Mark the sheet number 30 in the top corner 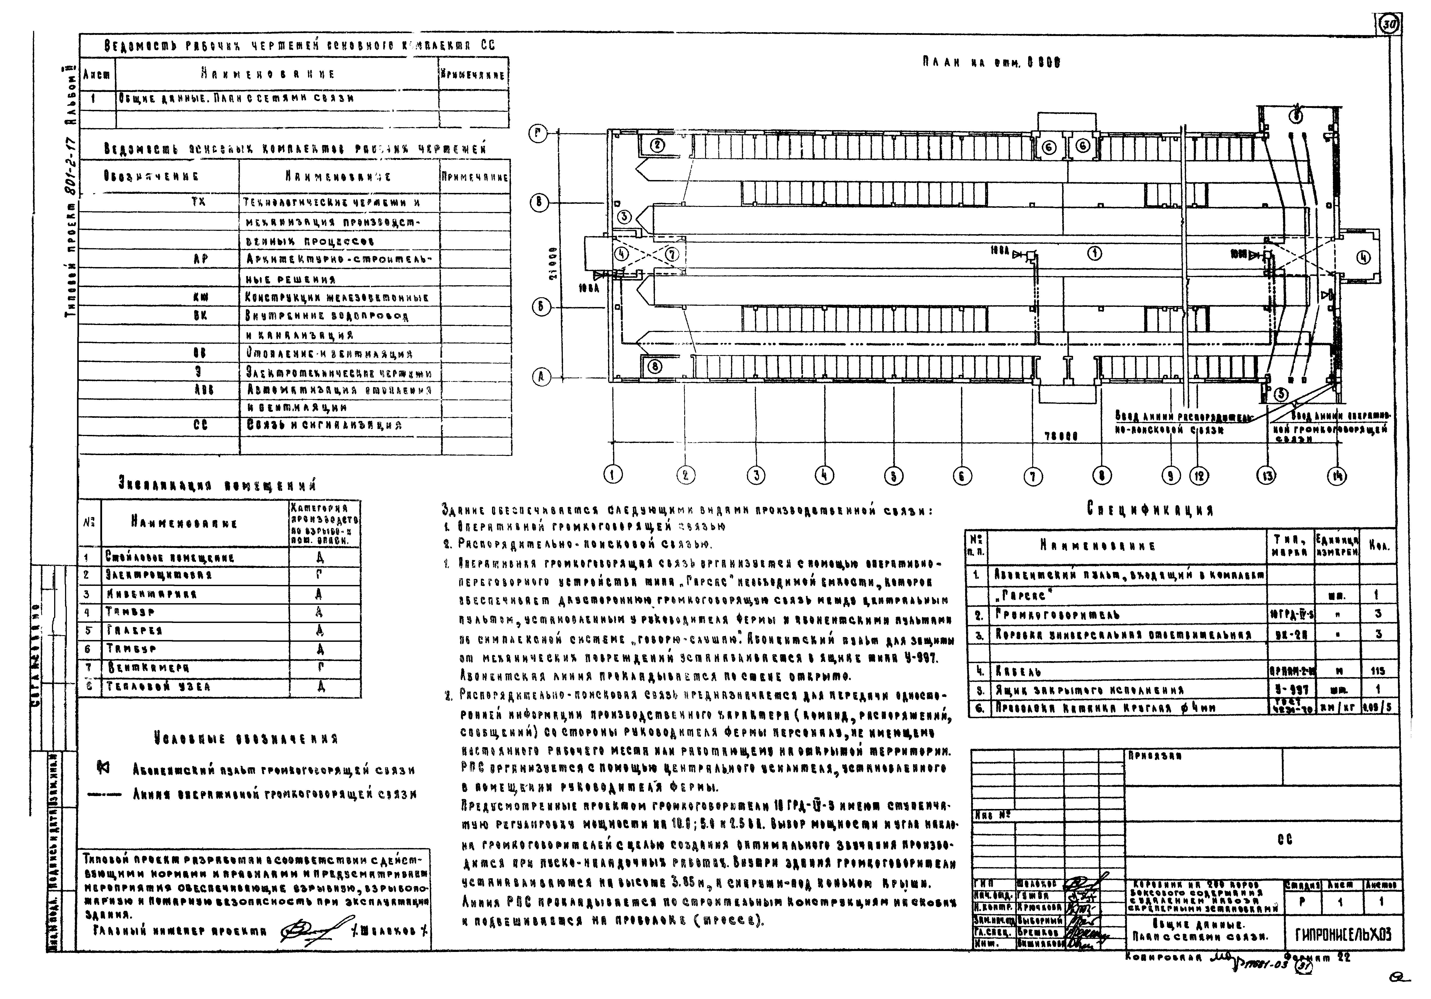(1389, 42)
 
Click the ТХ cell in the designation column (198, 203)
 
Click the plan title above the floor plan (992, 63)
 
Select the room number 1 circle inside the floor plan (1095, 253)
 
